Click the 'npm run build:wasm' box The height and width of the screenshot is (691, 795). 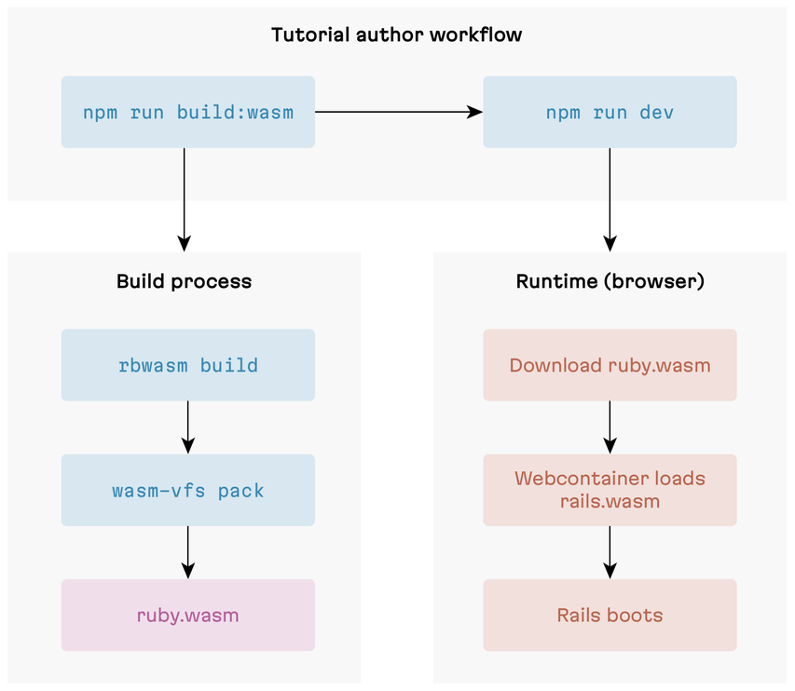[187, 113]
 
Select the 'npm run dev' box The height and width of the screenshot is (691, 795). [610, 113]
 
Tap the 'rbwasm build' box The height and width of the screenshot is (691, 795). [187, 365]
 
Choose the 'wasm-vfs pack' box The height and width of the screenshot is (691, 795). [187, 490]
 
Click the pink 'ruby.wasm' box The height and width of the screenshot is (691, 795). [187, 616]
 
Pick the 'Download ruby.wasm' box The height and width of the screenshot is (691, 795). [610, 365]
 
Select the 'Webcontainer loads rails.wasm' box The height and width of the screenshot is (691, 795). [610, 490]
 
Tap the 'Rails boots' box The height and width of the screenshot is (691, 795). [610, 616]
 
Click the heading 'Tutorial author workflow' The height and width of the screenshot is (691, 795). [396, 35]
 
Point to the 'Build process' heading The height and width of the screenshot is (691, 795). [184, 281]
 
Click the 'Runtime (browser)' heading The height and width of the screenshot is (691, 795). [610, 281]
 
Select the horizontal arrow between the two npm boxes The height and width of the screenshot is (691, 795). [398, 113]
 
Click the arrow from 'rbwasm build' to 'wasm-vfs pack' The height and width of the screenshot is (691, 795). [187, 427]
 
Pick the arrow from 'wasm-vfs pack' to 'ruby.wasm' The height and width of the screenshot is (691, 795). [187, 552]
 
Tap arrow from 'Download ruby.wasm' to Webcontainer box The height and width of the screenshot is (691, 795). [610, 427]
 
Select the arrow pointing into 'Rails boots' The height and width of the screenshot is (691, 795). [610, 552]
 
